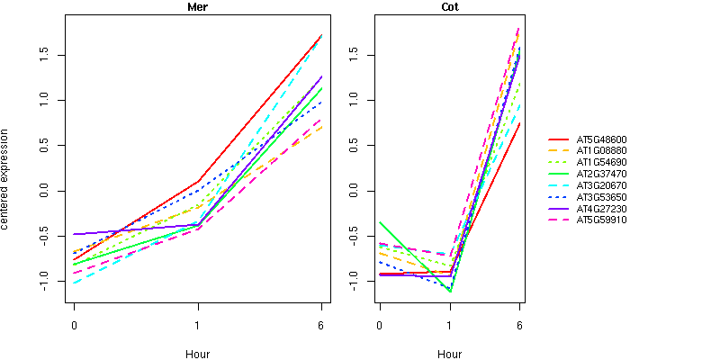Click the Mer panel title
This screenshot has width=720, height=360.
click(197, 7)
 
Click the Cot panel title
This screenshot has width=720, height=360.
click(449, 7)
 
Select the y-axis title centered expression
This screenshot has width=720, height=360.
click(7, 181)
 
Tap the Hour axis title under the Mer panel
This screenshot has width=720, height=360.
click(197, 355)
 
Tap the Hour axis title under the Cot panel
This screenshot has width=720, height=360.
click(449, 355)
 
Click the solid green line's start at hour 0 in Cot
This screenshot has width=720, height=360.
click(380, 222)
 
